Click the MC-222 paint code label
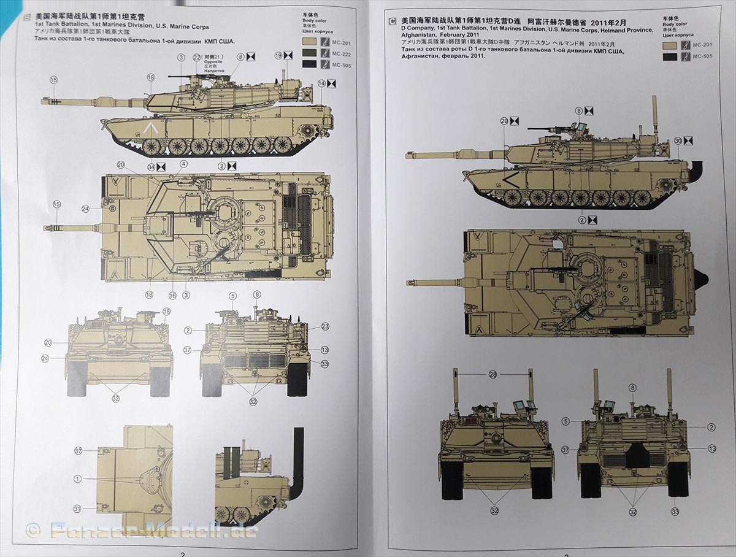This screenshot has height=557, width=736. [340, 53]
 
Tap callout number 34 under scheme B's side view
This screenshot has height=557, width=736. [151, 165]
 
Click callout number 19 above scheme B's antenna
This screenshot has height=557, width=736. [279, 55]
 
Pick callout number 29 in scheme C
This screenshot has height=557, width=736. [504, 121]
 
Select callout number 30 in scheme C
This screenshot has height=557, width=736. [677, 140]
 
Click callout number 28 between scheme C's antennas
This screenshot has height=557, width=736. [493, 374]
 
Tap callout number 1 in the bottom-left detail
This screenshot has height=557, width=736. [78, 478]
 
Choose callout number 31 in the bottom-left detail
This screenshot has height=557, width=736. [78, 509]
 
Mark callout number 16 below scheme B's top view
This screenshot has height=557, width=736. [172, 296]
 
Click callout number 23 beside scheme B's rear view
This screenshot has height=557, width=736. [325, 326]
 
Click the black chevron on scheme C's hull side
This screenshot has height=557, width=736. [508, 179]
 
